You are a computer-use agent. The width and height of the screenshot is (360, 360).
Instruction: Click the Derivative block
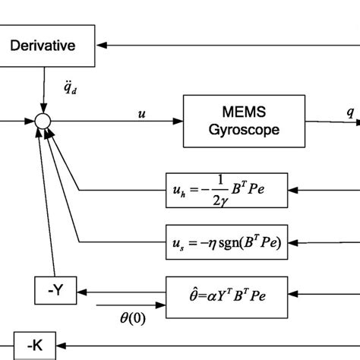coord(51,46)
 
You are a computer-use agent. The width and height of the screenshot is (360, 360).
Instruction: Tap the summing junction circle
coord(43,121)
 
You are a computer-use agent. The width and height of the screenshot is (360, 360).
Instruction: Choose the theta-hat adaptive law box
coord(226,290)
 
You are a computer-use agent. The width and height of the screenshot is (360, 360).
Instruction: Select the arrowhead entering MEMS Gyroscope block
coord(178,120)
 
